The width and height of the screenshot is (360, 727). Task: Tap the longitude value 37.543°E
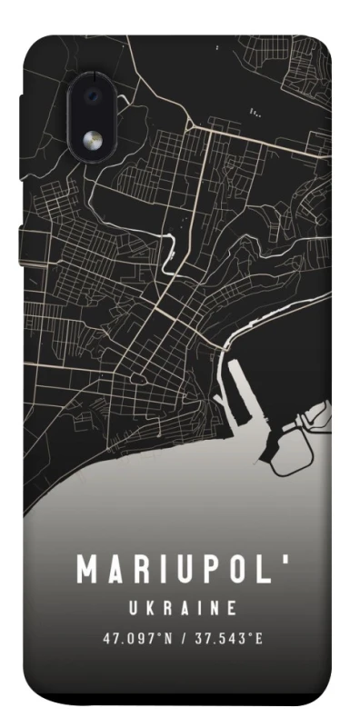pyautogui.click(x=229, y=637)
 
